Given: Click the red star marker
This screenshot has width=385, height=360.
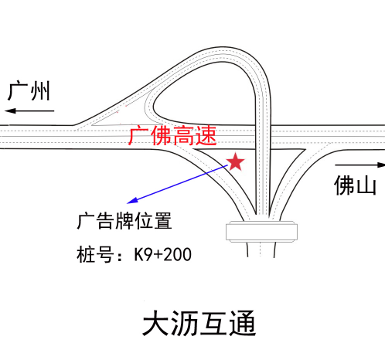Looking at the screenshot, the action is pyautogui.click(x=235, y=161).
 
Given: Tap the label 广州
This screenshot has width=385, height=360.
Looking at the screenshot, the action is pyautogui.click(x=29, y=90).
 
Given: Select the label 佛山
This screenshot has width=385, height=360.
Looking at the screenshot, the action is pyautogui.click(x=355, y=185).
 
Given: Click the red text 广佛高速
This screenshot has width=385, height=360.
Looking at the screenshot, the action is pyautogui.click(x=172, y=136).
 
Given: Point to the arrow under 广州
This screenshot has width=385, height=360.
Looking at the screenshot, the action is pyautogui.click(x=29, y=111).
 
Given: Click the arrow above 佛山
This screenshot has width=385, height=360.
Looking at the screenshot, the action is pyautogui.click(x=360, y=165).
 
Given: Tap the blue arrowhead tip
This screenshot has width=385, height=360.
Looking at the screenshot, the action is pyautogui.click(x=128, y=203).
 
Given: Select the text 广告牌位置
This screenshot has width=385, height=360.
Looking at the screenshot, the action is pyautogui.click(x=124, y=221).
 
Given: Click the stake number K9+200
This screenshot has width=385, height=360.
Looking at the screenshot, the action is pyautogui.click(x=162, y=255).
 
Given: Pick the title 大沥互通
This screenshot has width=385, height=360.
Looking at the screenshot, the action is pyautogui.click(x=199, y=323).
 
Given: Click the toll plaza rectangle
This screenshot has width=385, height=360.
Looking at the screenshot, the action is pyautogui.click(x=261, y=232).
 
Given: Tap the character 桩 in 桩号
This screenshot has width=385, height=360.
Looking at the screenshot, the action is pyautogui.click(x=86, y=254).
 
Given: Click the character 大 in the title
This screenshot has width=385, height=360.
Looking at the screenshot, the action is pyautogui.click(x=156, y=323).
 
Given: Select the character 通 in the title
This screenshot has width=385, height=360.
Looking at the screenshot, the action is pyautogui.click(x=243, y=323).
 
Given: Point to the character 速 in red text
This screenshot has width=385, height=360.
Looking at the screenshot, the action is pyautogui.click(x=206, y=136).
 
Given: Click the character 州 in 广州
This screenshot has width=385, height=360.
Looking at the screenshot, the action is pyautogui.click(x=40, y=91).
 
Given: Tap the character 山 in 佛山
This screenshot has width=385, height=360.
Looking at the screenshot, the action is pyautogui.click(x=366, y=185).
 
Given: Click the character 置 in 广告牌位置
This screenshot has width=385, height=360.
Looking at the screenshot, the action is pyautogui.click(x=163, y=221).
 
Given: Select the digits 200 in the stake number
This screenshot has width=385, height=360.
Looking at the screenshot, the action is pyautogui.click(x=177, y=255).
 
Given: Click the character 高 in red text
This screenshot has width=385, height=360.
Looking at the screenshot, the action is pyautogui.click(x=183, y=136).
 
